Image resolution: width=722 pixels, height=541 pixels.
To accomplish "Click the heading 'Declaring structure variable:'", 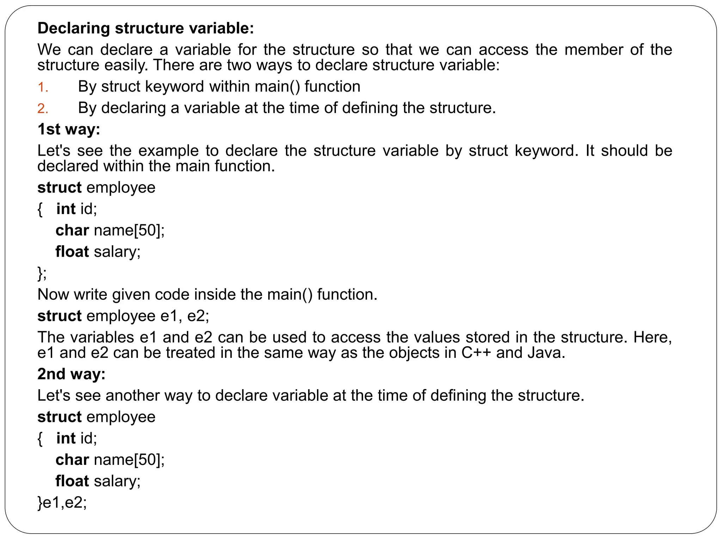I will click(146, 28).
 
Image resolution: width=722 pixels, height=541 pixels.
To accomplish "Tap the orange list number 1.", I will click(42, 87).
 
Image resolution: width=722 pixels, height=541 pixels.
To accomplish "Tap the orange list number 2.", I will click(42, 109).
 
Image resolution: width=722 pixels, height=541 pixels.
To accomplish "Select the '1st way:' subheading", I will click(69, 129).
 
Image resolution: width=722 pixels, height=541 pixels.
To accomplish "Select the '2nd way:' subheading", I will click(71, 374).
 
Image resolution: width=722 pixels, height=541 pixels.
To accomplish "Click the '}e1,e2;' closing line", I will click(62, 502).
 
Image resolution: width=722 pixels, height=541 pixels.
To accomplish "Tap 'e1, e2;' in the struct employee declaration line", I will click(185, 316).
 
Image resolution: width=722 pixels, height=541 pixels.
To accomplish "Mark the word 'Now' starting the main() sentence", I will click(53, 294).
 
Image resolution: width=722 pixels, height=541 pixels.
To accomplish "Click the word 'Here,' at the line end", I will click(653, 337).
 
